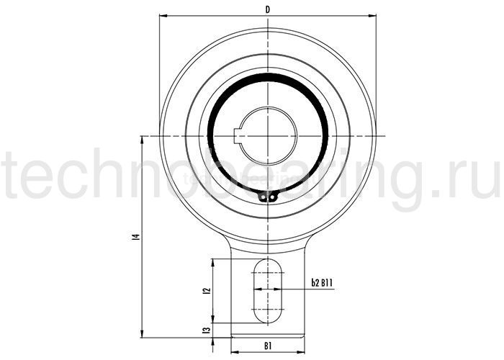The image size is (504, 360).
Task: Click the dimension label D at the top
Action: [267, 10]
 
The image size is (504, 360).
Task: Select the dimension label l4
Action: [137, 237]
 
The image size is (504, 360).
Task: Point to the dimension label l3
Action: [207, 330]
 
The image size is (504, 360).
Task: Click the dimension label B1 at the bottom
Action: [268, 346]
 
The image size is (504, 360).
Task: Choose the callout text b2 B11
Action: [322, 283]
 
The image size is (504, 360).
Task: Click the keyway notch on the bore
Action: [238, 136]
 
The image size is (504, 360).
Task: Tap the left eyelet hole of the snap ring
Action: [264, 196]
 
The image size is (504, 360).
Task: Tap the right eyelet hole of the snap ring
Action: [272, 196]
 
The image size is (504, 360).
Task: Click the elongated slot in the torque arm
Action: [268, 291]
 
